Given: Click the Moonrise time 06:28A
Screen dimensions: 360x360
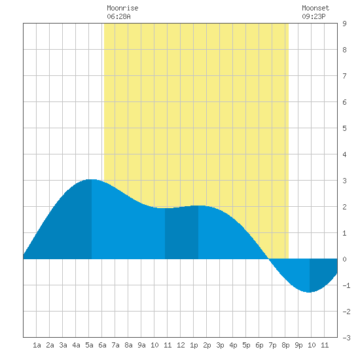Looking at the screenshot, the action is click(118, 16).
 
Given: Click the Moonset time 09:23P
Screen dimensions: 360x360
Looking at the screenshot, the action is click(314, 16).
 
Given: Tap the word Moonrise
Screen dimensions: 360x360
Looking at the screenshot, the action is click(122, 8).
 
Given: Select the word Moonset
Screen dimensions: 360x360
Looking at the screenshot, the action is click(315, 8).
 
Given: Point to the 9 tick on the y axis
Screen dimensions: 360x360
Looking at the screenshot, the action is click(344, 24).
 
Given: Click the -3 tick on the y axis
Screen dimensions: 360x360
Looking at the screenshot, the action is click(346, 338).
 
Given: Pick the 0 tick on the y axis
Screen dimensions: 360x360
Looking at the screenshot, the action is click(344, 259).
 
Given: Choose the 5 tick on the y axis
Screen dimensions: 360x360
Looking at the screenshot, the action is click(344, 128).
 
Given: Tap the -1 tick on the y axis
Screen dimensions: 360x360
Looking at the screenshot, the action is click(346, 285).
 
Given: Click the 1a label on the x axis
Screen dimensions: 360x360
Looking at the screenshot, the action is click(37, 345).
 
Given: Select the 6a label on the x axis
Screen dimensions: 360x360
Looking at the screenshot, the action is click(102, 345).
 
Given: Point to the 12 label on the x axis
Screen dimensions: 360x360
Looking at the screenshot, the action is click(181, 345).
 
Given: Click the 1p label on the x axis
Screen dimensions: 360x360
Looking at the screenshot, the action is click(194, 345).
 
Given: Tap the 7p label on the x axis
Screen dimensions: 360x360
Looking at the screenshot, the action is click(272, 345).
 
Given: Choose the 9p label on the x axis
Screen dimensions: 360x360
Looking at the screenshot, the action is click(298, 345).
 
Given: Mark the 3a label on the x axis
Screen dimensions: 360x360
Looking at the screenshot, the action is click(63, 345).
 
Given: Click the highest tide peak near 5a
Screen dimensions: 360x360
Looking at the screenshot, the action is click(92, 179).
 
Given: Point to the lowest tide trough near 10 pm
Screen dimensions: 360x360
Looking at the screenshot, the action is click(310, 292).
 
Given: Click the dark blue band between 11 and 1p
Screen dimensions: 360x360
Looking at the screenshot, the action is click(181, 233).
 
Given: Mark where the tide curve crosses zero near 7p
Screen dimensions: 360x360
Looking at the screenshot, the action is click(269, 259).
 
